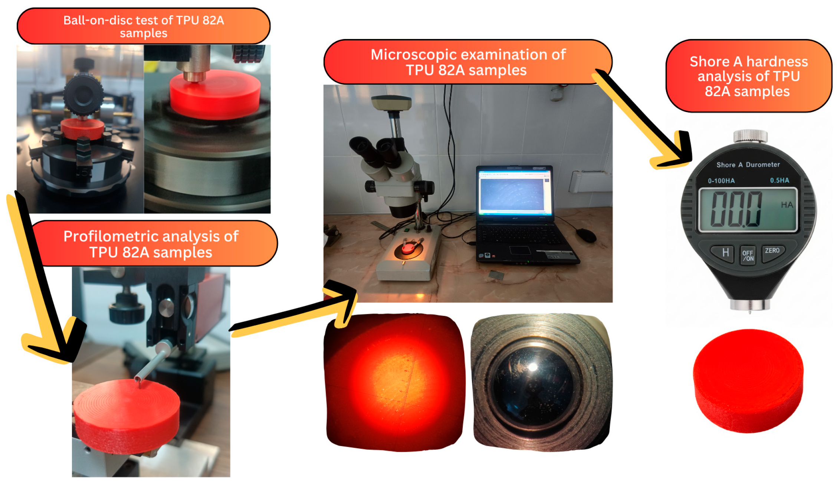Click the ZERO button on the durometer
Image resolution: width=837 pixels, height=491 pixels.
coord(772,252)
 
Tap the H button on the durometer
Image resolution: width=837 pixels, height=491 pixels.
coord(725,253)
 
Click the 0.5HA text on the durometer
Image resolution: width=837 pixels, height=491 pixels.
coord(779,180)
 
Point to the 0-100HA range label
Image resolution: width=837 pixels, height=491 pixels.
coord(721,181)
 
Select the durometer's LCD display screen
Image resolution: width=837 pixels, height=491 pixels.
coord(748,210)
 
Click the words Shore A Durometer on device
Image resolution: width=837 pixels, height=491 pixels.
coord(748,165)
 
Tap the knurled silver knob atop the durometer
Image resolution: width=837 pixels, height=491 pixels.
coord(750,136)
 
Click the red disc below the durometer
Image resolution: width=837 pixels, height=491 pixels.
coord(748,380)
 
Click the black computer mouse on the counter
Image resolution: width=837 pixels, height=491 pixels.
coord(586,235)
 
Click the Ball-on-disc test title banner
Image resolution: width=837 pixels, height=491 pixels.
coord(144,26)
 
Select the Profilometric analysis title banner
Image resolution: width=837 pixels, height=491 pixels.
coord(151,244)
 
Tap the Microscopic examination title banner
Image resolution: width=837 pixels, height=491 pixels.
coord(467,62)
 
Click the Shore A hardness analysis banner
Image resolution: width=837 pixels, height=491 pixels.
coord(748,76)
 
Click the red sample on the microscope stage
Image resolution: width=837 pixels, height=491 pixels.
coord(408,248)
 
